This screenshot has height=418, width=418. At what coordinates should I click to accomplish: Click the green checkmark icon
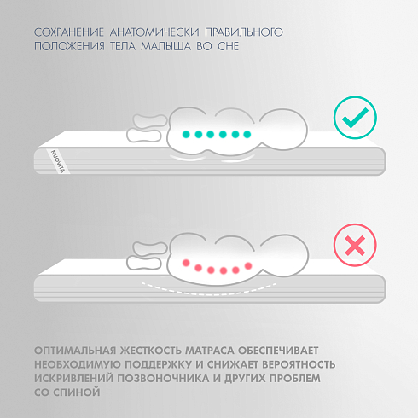tap(355, 118)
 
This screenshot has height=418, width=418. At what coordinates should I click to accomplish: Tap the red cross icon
tap(355, 245)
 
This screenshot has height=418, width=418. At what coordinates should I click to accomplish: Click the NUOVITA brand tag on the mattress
tap(58, 161)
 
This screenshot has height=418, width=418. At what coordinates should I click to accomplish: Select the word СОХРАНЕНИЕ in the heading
tap(69, 32)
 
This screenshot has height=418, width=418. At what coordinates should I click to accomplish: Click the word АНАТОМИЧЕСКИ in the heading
tap(154, 32)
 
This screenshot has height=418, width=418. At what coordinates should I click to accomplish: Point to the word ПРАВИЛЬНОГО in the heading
tap(244, 32)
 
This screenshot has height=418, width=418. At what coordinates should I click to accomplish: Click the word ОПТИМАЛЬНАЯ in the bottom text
tap(75, 351)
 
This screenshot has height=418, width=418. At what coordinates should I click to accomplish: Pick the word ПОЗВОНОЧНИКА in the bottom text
tap(164, 379)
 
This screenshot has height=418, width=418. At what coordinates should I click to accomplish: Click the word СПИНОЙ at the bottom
tap(77, 392)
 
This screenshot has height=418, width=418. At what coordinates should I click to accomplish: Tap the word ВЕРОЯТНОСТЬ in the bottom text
tap(299, 364)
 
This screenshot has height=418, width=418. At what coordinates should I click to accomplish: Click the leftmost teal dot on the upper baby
tap(186, 134)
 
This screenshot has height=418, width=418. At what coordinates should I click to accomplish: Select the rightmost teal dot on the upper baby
tap(247, 134)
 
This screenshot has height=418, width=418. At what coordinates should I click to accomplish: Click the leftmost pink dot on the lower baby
tap(186, 263)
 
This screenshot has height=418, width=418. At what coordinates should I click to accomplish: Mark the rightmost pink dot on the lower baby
tap(248, 266)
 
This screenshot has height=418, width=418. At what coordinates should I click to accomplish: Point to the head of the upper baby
tap(284, 130)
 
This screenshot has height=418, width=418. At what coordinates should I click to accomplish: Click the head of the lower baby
tap(285, 255)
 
